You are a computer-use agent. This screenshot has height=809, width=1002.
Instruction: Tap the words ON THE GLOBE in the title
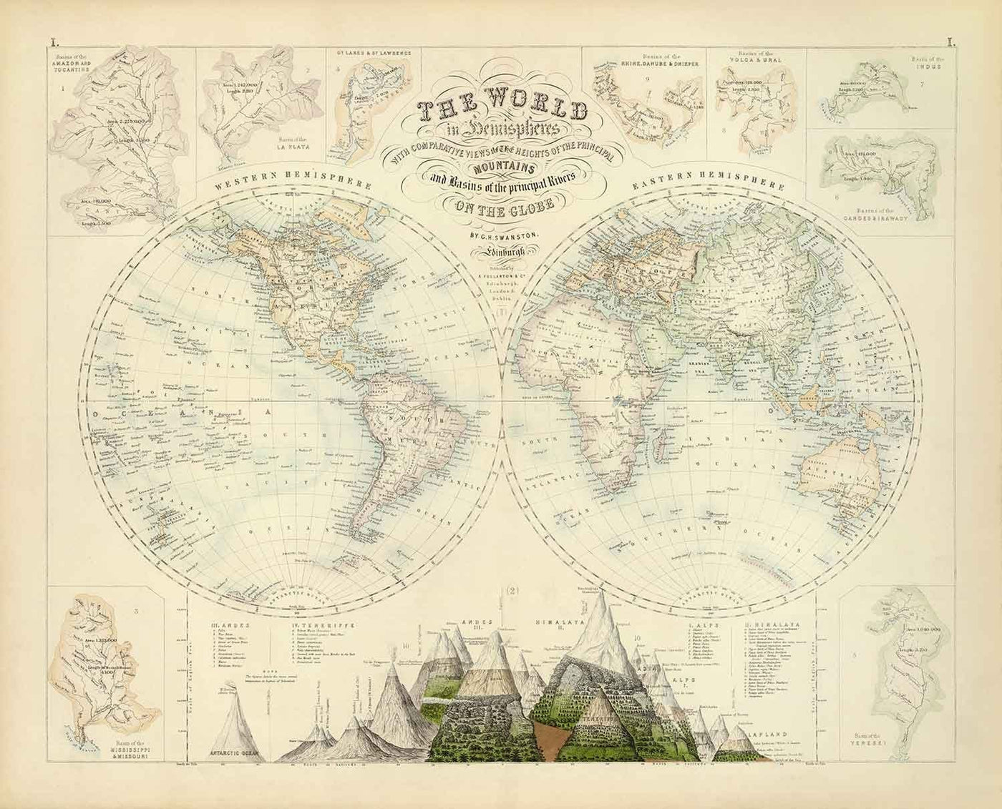(x=501, y=208)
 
